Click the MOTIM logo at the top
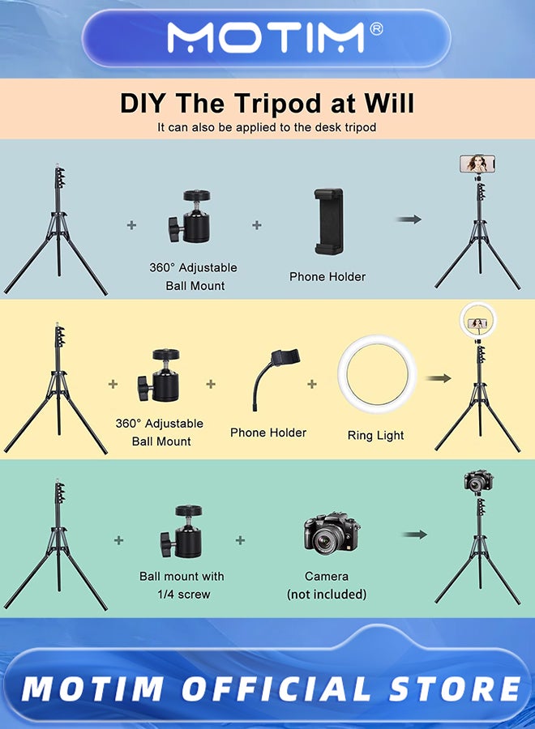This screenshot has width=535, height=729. (x=266, y=37)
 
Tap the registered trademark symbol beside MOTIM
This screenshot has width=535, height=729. (x=376, y=29)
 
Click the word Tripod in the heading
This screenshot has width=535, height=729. (x=277, y=103)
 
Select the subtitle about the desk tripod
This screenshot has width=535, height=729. (x=267, y=127)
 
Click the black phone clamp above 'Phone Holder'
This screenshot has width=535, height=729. (x=329, y=221)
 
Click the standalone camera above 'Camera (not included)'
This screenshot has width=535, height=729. (x=332, y=534)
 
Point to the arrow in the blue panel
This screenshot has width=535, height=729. (x=409, y=219)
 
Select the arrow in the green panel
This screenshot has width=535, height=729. (x=414, y=535)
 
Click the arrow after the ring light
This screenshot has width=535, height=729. (x=439, y=378)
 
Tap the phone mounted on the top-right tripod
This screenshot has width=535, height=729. (x=477, y=164)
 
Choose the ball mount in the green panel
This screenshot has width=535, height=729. (x=182, y=531)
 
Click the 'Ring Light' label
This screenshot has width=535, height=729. (x=376, y=436)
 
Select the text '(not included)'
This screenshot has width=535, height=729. (x=327, y=595)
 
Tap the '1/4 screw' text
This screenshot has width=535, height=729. (x=184, y=595)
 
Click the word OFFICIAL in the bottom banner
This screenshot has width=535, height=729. (x=276, y=688)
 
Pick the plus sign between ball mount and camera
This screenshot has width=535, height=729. (x=240, y=540)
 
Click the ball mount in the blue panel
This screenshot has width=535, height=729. (x=190, y=216)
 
